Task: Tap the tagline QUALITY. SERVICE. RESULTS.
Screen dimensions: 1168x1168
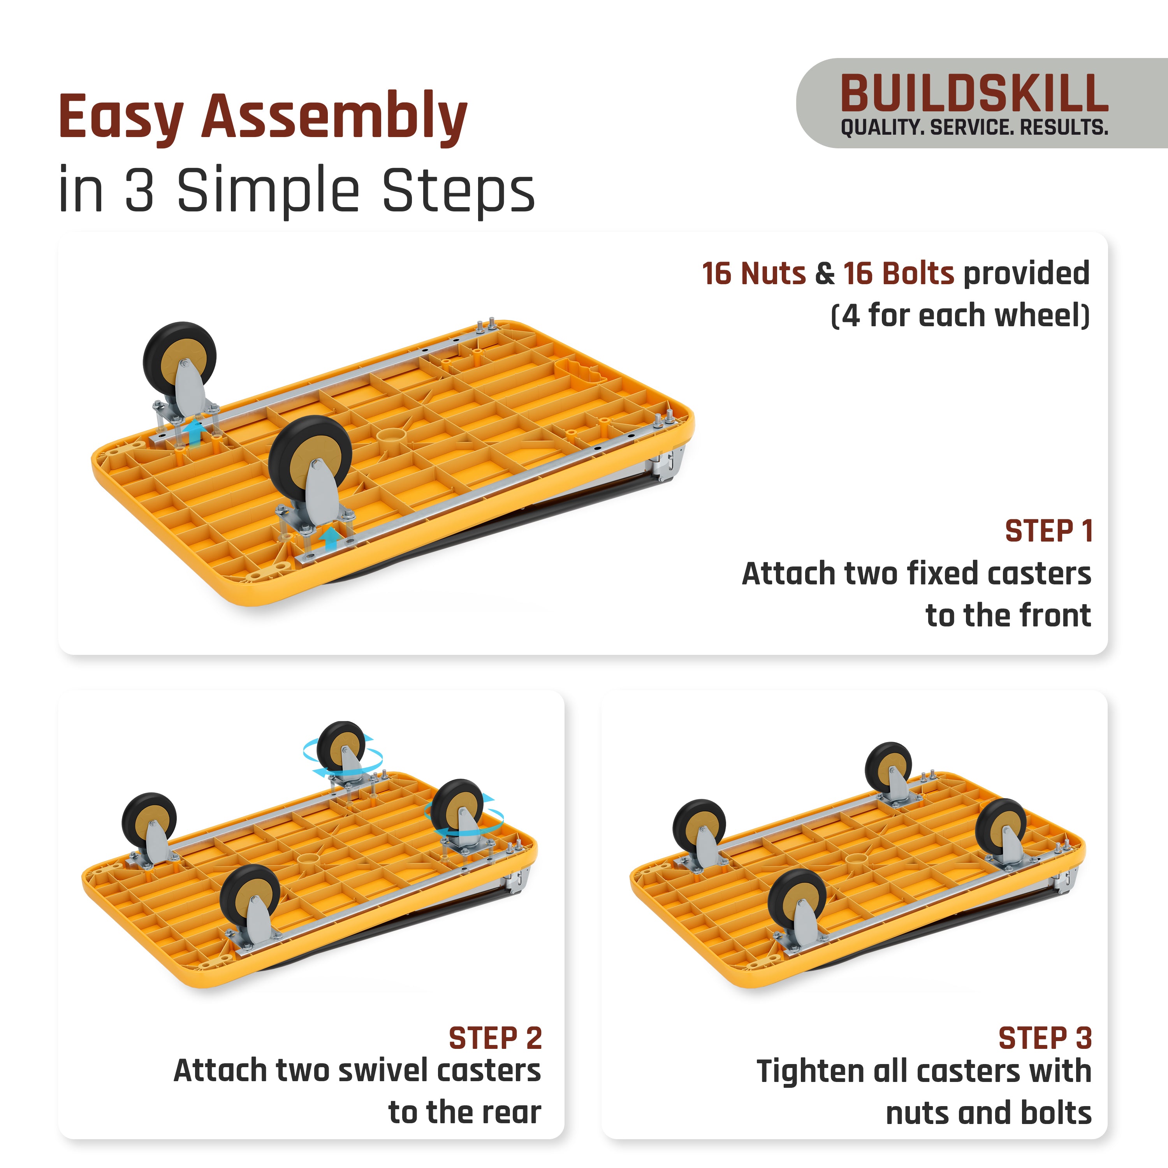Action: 974,128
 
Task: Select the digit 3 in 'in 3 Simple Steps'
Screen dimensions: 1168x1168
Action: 140,190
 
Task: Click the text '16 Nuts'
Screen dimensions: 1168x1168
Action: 753,273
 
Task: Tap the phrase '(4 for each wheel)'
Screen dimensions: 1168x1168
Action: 960,316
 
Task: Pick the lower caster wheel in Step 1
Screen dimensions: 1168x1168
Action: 310,457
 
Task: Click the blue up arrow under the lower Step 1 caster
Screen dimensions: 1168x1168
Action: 330,538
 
